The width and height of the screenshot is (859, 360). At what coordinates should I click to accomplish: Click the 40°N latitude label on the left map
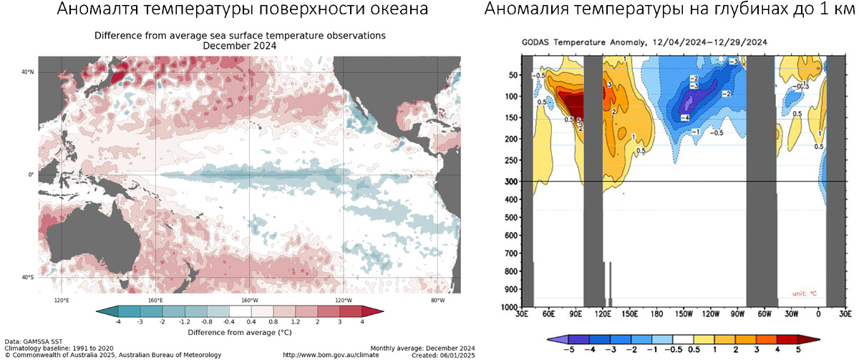tap(26, 72)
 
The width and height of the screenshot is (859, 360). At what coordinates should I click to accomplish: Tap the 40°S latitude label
tap(26, 277)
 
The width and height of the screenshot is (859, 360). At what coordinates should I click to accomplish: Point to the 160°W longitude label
tap(249, 301)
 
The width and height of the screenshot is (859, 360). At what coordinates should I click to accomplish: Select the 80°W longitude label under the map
tap(437, 301)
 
